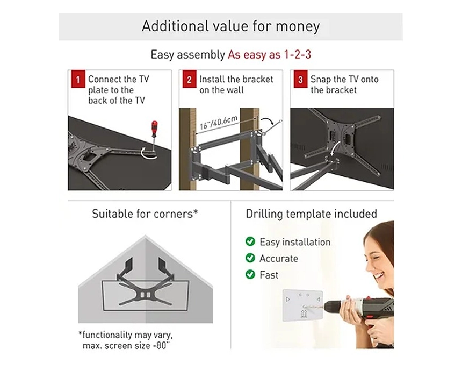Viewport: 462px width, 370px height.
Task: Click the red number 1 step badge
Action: pos(78,79)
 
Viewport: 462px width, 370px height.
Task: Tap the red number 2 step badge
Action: pos(189,79)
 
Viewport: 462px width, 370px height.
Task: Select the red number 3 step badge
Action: pos(300,79)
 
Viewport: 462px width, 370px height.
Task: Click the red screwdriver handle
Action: pos(154,129)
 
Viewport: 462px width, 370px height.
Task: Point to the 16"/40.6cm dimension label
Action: pos(218,123)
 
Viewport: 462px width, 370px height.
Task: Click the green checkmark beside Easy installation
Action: pos(250,241)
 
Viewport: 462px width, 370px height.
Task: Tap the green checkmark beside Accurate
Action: pos(250,258)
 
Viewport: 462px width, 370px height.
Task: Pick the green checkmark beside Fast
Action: pos(250,274)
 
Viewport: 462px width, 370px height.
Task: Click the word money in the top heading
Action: pos(298,26)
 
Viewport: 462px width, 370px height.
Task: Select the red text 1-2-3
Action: pos(297,54)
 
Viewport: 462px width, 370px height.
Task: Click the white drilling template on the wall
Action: pos(302,305)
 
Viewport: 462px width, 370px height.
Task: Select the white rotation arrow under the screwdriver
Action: pos(148,153)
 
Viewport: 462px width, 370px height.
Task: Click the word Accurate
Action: pos(279,259)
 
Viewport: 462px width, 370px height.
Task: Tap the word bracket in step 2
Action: pos(257,80)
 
